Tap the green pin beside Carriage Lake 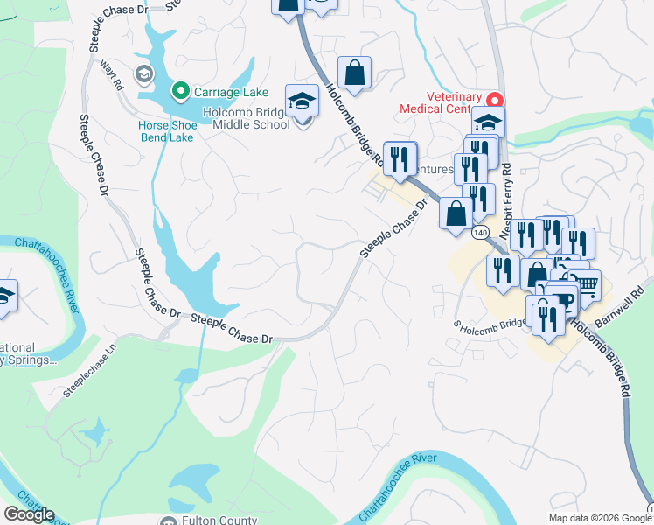[x=180, y=90]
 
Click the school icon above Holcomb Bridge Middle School [x=302, y=101]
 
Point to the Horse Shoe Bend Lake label [x=166, y=131]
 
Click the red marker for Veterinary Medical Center [x=493, y=98]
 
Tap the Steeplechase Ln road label [x=89, y=374]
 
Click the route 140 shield [x=480, y=234]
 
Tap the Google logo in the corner [x=29, y=514]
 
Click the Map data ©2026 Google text [x=598, y=518]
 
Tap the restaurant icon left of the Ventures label [x=400, y=158]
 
